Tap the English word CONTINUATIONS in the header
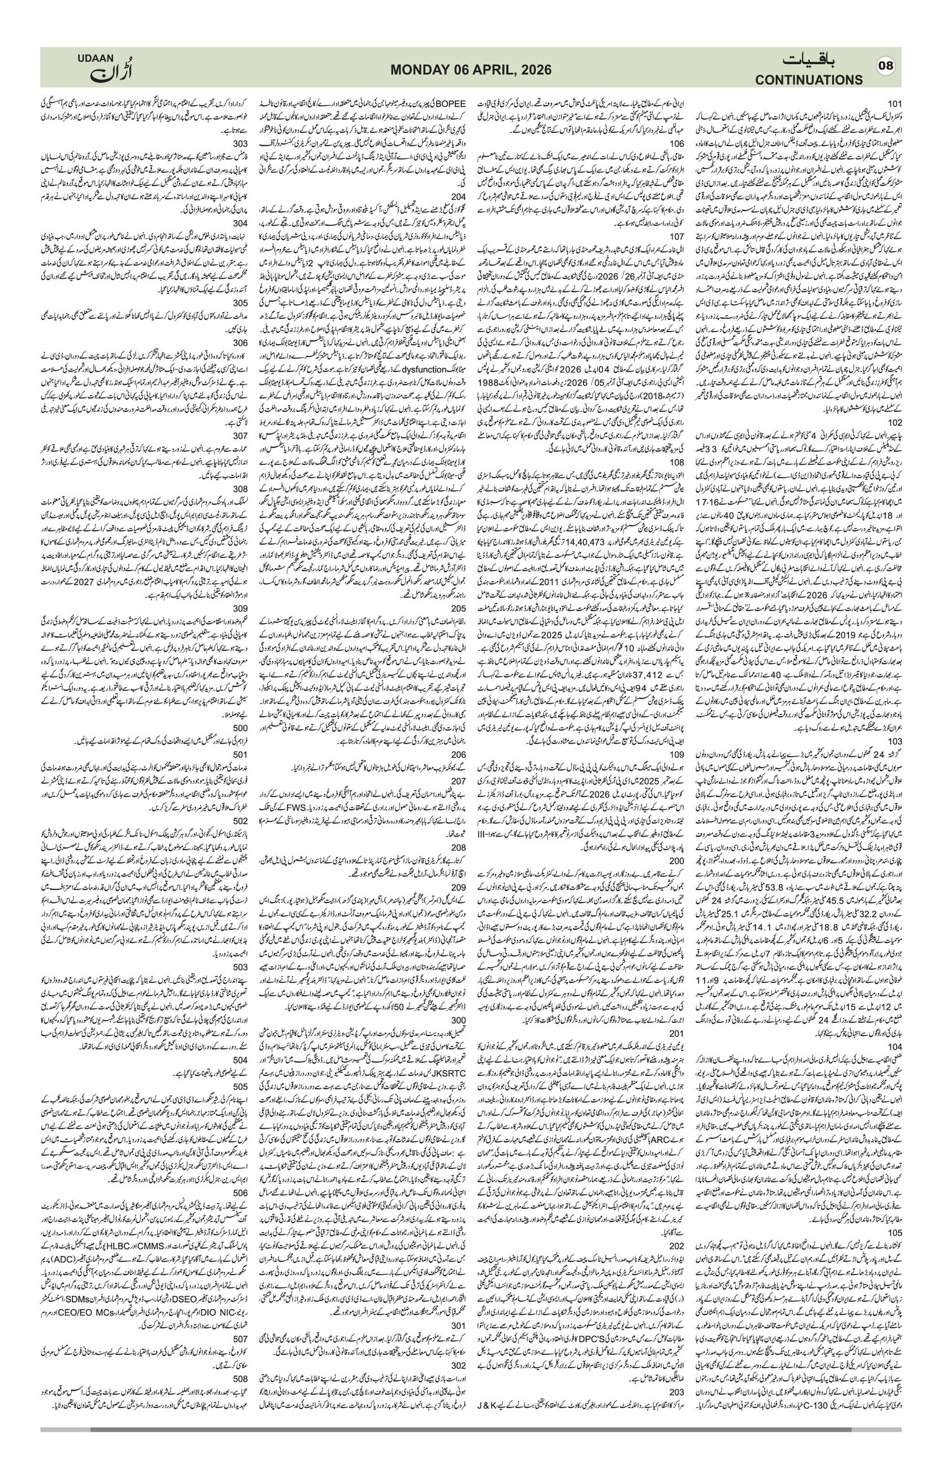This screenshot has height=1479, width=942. [809, 80]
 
